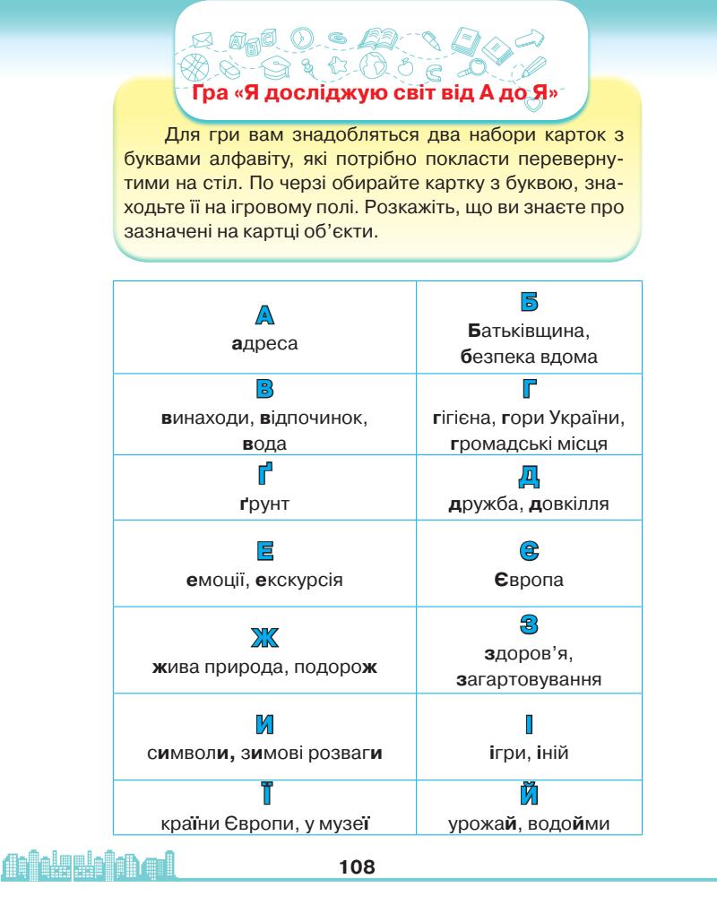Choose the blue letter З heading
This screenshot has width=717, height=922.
[529, 623]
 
